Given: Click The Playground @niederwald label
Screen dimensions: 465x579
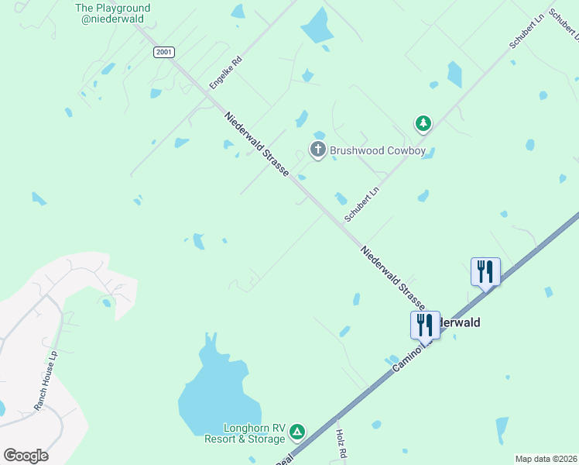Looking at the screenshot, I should tap(112, 14).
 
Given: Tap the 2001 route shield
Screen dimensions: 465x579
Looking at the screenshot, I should tap(163, 52).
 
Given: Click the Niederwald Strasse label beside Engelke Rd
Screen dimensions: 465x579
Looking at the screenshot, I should tap(256, 144).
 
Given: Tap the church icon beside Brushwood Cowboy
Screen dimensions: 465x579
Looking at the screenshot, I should tap(317, 150).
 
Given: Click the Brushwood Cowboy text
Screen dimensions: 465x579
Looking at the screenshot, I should tap(378, 151).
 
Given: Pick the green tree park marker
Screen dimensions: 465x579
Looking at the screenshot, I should tap(423, 123).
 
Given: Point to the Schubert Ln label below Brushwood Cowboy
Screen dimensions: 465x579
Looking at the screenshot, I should tap(363, 203).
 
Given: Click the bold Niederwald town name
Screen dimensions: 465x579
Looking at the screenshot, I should tap(460, 322).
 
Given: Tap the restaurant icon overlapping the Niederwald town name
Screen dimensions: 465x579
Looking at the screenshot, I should tap(425, 324).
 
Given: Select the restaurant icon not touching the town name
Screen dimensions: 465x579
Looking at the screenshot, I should tap(485, 271).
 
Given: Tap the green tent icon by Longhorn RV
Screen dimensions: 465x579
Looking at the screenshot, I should tap(297, 432).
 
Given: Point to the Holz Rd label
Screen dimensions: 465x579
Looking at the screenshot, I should tap(340, 443).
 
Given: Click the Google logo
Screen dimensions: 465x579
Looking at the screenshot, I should tap(26, 456).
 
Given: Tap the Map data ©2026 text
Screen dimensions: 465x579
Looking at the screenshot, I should tap(545, 459).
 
